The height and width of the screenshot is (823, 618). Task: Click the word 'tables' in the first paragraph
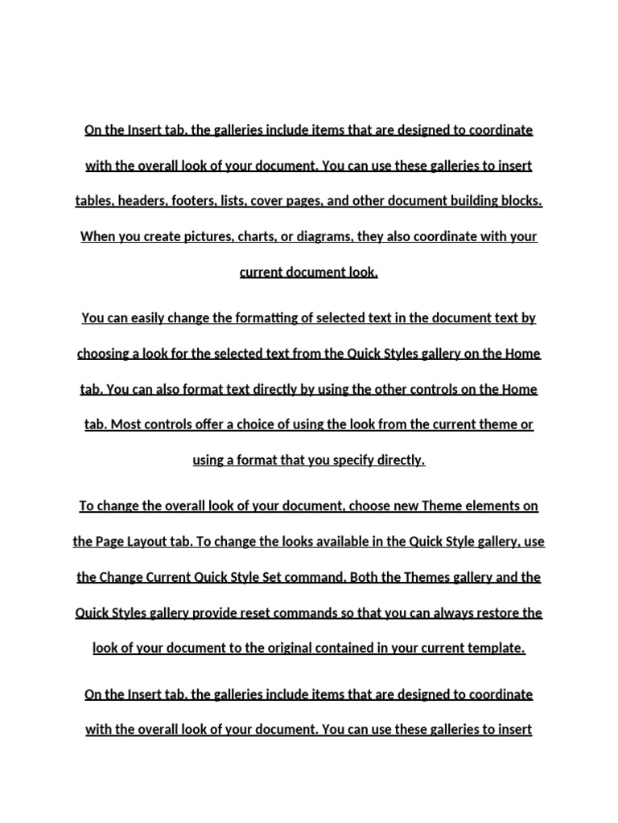(x=94, y=201)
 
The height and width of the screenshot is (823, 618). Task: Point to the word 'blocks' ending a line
(x=521, y=201)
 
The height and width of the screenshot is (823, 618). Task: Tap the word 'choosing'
(x=103, y=354)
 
